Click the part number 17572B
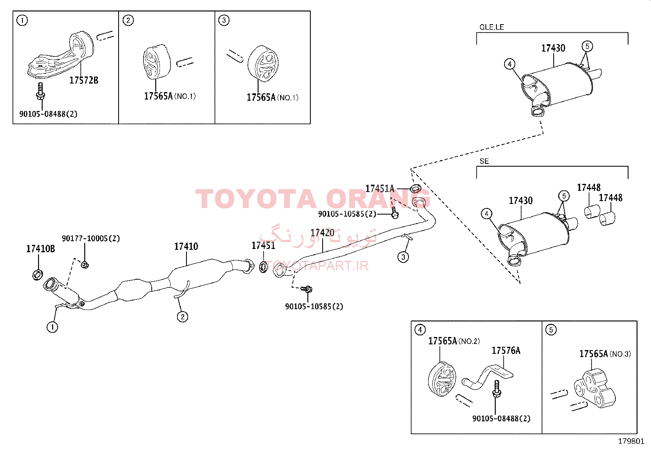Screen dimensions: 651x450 click(84, 80)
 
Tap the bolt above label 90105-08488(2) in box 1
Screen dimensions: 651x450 click(40, 91)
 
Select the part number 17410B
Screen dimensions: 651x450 click(40, 249)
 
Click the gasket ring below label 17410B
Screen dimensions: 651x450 click(38, 275)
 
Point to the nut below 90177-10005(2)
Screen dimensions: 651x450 click(85, 265)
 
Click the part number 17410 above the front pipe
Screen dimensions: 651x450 click(186, 246)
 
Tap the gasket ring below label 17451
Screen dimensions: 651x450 click(263, 267)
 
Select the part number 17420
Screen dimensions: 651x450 click(322, 233)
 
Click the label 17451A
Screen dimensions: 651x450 click(379, 189)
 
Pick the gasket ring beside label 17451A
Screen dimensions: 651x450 click(415, 188)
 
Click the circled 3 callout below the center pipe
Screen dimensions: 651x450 click(403, 257)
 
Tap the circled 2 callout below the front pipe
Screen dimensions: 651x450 click(182, 317)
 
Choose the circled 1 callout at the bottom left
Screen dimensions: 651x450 click(52, 327)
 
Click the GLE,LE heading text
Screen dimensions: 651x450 click(492, 27)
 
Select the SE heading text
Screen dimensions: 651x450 click(484, 161)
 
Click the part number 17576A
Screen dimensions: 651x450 click(506, 351)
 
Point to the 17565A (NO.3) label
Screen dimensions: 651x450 click(605, 354)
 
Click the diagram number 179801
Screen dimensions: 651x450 click(631, 441)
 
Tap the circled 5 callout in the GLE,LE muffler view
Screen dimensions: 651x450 click(587, 46)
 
